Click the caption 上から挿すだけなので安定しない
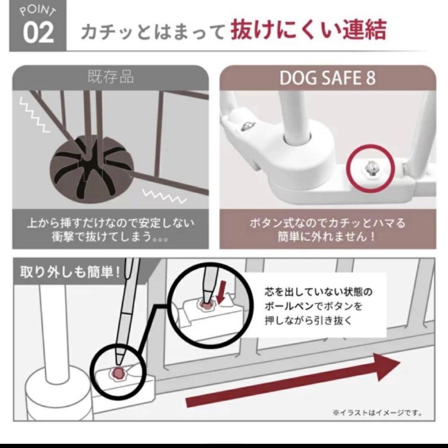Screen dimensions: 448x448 (110, 224)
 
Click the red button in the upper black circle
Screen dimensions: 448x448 (206, 305)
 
